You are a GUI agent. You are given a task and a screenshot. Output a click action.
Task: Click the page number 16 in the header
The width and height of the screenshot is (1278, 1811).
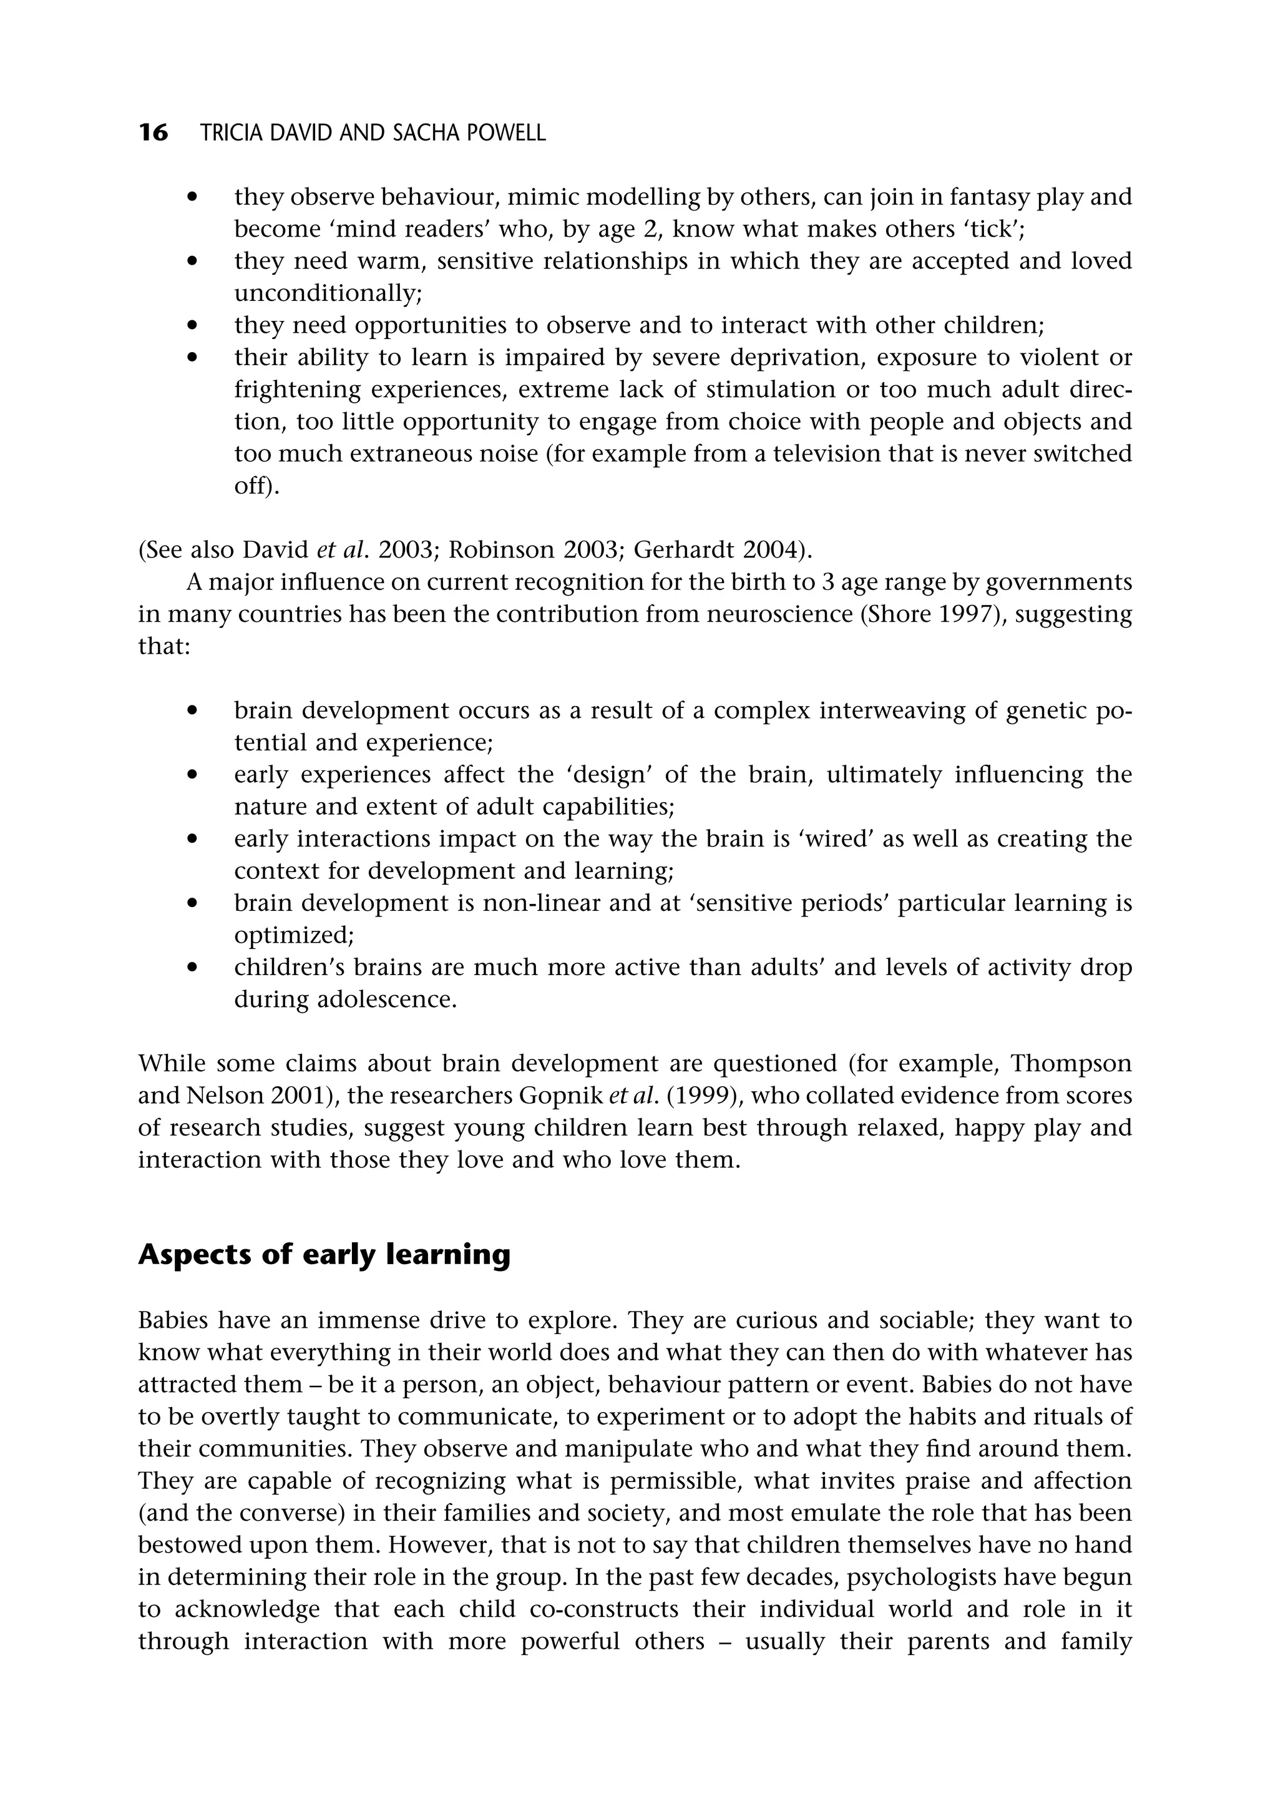(153, 132)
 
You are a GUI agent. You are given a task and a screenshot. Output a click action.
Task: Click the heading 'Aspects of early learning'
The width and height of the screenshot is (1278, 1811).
(324, 1254)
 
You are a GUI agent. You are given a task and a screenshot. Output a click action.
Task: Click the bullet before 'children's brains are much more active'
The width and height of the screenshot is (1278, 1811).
(192, 968)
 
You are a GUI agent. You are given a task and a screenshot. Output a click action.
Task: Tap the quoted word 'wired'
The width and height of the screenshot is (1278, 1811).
(836, 838)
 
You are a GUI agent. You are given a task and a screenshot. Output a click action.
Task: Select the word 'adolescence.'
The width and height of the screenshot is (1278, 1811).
(386, 999)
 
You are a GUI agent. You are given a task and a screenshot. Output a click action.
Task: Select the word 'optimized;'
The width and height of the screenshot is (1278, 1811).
(293, 936)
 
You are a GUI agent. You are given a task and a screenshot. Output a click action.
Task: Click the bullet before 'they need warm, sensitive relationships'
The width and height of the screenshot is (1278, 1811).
(192, 261)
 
